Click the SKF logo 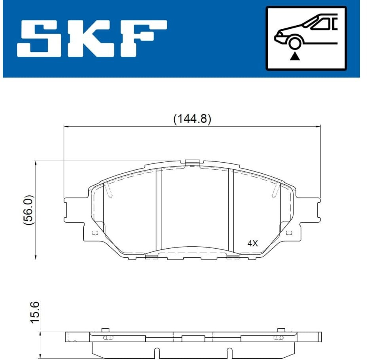pos(92,39)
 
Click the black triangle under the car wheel pos(295,56)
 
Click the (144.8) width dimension pos(192,118)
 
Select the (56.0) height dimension pos(29,210)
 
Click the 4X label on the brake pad pos(252,244)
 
